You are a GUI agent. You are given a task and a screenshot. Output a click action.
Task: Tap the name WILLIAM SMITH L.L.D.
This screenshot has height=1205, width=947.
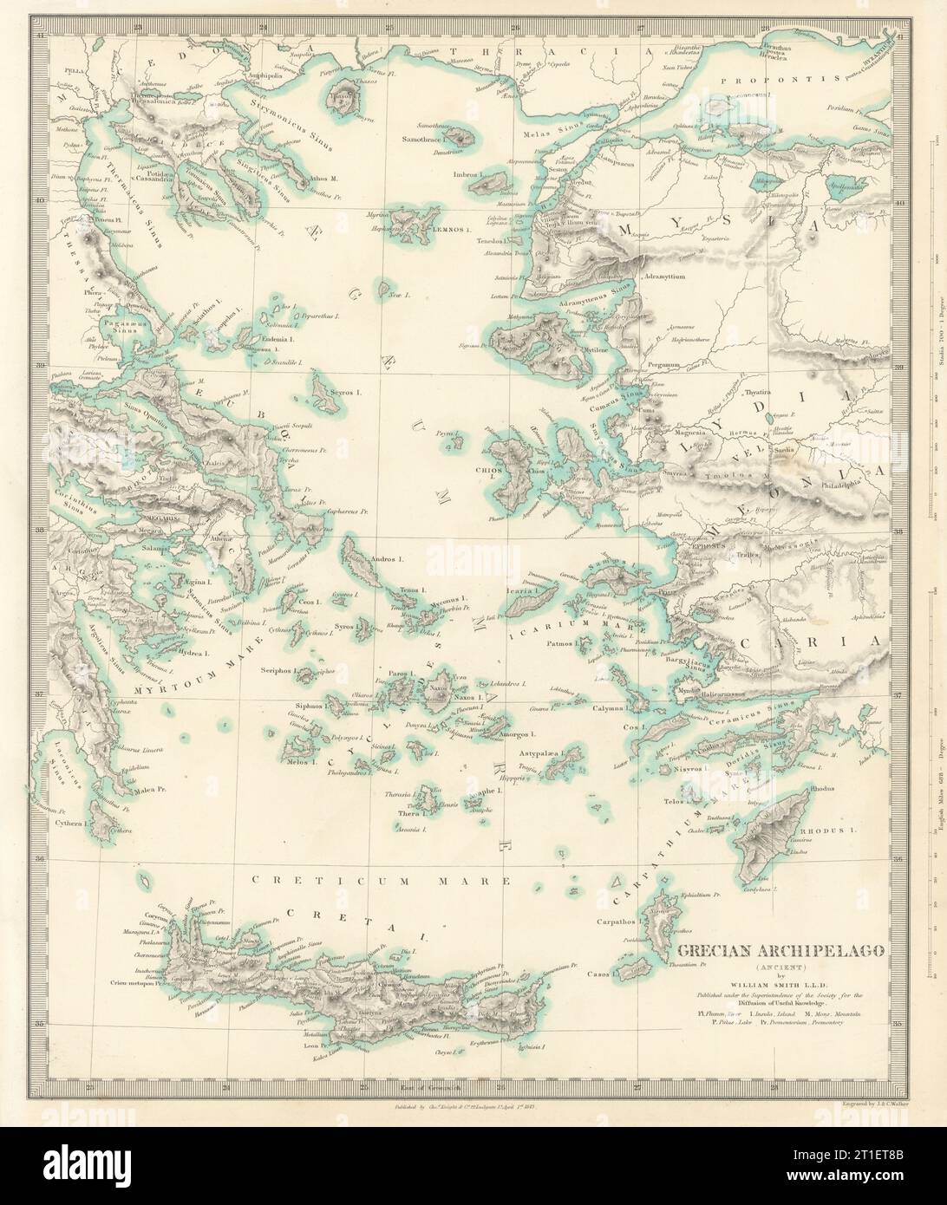click(780, 982)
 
